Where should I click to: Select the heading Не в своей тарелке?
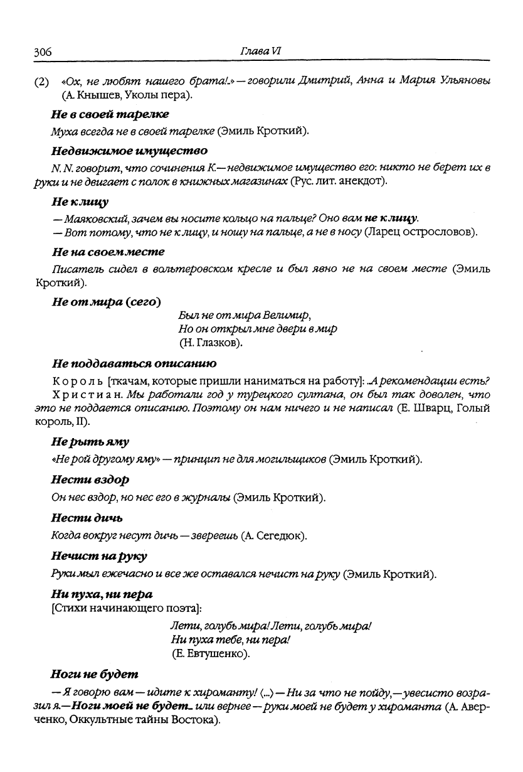pyautogui.click(x=110, y=114)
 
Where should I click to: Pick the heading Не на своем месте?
pyautogui.click(x=108, y=252)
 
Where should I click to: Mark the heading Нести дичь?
pyautogui.click(x=87, y=518)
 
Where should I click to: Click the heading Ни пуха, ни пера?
pyautogui.click(x=102, y=593)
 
